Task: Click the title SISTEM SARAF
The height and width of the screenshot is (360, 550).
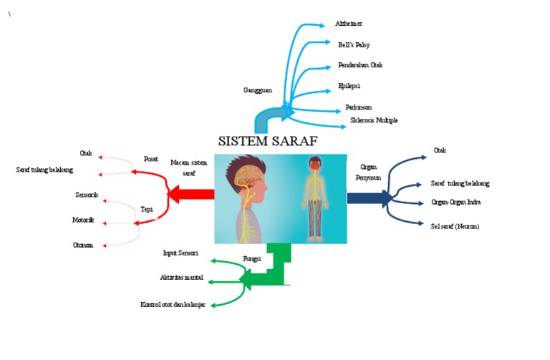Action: point(267,140)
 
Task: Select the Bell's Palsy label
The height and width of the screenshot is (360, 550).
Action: point(354,44)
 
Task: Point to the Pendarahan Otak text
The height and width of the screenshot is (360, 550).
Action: point(360,65)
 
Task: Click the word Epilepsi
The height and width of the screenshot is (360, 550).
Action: point(349,86)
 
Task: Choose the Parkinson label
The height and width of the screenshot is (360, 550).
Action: point(358,107)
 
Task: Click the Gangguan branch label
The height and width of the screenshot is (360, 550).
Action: point(258,90)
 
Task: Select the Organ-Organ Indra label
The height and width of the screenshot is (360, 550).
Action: point(455,203)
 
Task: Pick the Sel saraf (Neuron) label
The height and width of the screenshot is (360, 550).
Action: point(455,226)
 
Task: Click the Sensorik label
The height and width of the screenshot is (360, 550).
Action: point(87,195)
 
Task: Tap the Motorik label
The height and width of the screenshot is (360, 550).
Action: point(83,220)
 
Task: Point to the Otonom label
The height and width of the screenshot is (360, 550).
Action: point(83,245)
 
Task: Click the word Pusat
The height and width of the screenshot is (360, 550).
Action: point(151,159)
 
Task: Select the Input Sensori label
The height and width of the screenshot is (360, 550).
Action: point(180,253)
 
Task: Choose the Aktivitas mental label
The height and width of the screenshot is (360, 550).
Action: point(182,277)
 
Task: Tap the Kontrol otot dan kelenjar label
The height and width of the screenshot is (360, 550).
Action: point(173,305)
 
